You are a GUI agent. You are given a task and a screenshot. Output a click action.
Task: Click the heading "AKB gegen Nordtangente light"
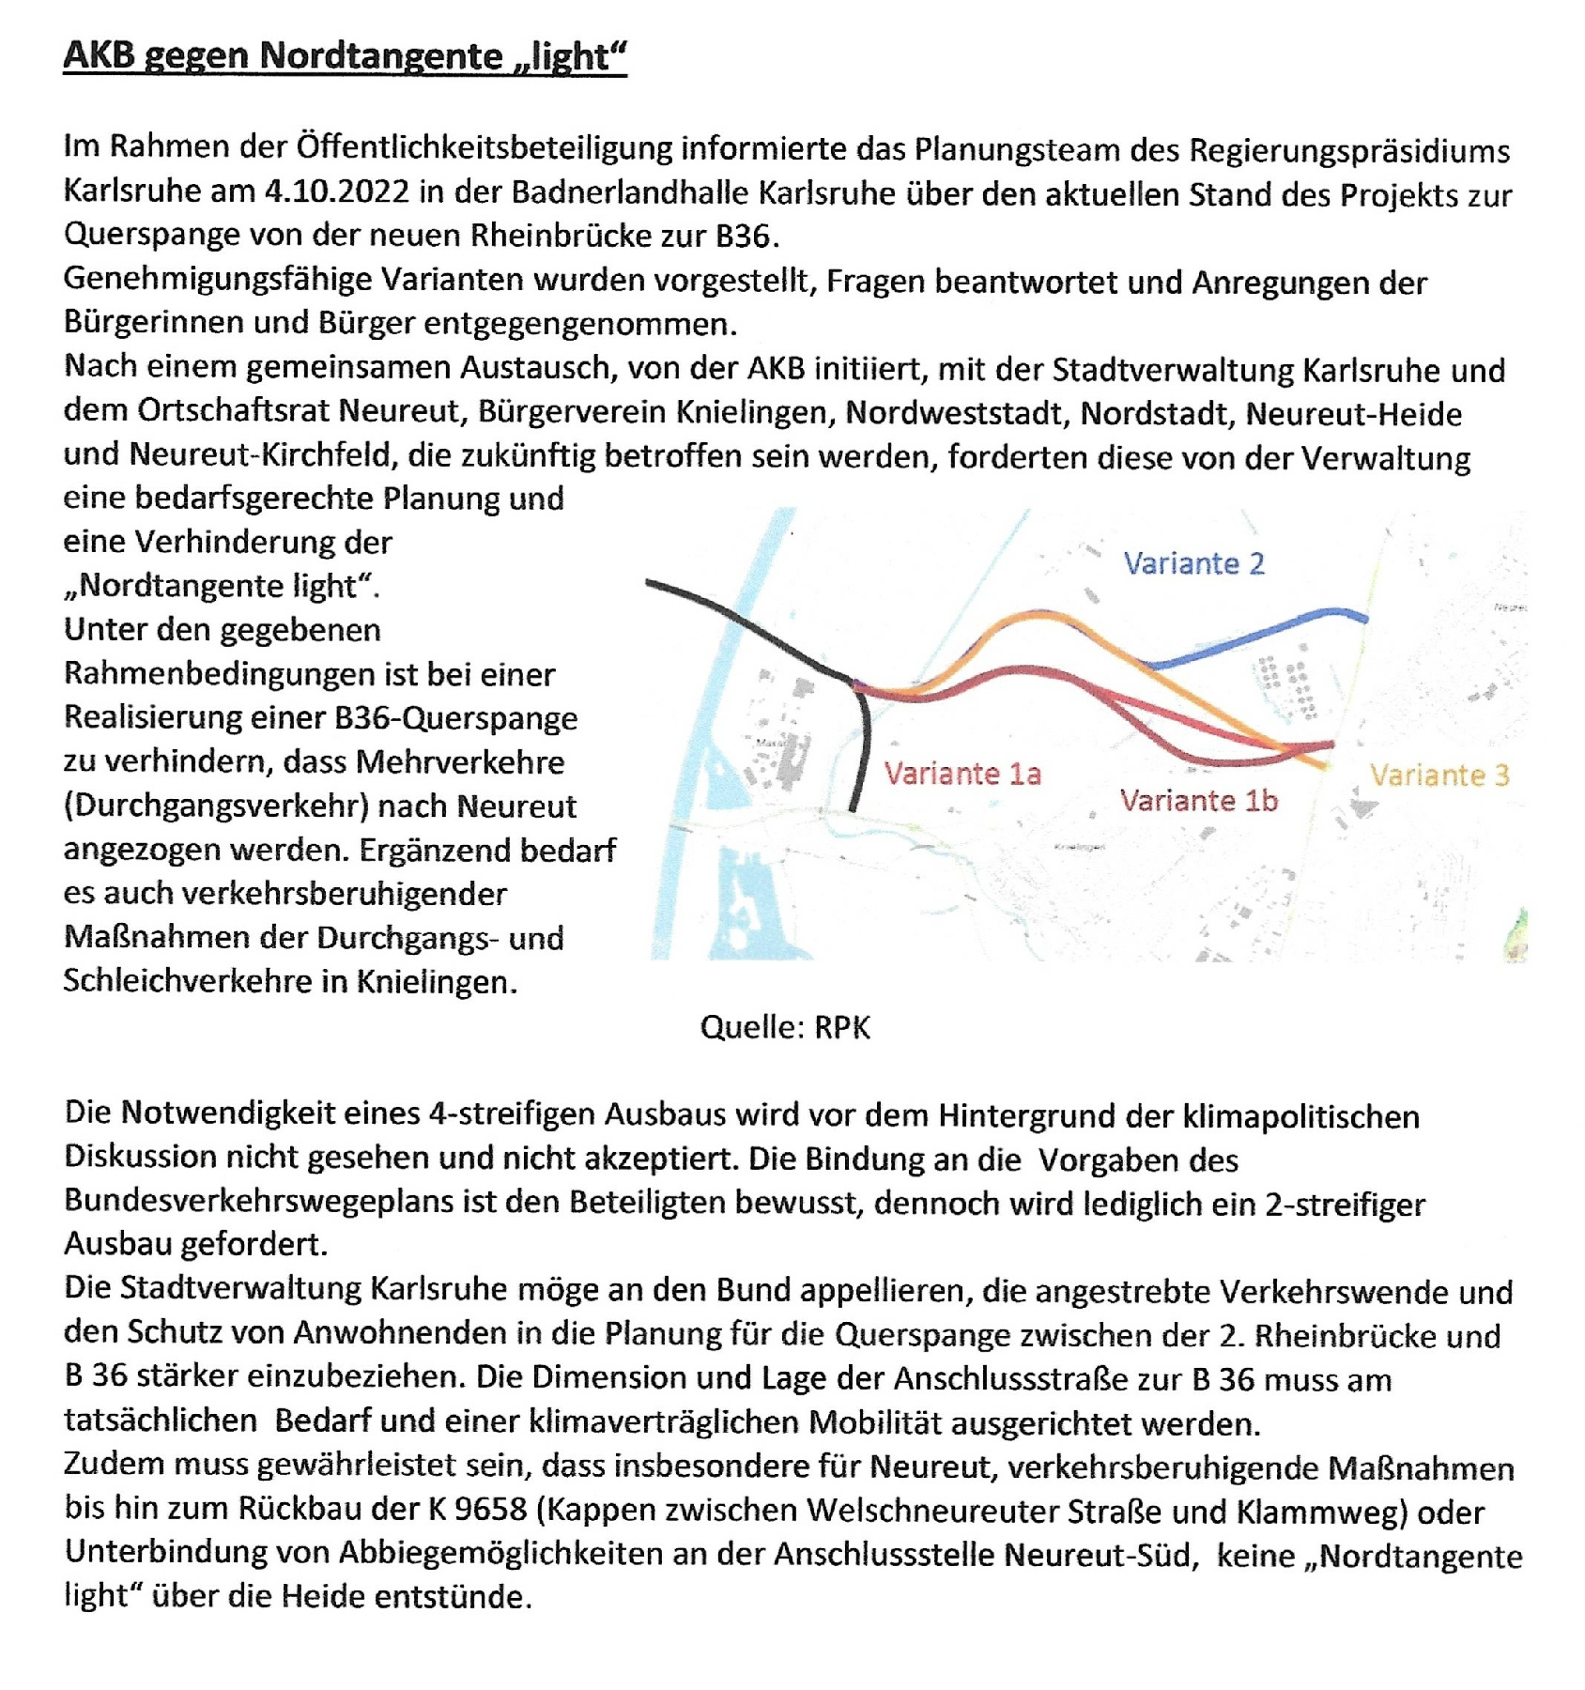point(344,56)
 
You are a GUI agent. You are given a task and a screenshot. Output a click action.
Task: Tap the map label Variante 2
point(1193,563)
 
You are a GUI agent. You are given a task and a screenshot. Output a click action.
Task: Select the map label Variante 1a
point(962,774)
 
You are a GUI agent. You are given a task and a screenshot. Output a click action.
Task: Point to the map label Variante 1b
point(1198,801)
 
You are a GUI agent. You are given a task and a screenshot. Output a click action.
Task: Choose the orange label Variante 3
point(1439,776)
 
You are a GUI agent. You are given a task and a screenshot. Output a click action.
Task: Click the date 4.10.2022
point(337,192)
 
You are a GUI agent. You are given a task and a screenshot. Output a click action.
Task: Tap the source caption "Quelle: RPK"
point(785,1027)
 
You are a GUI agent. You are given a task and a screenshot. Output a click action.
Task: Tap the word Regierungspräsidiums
point(1349,150)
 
